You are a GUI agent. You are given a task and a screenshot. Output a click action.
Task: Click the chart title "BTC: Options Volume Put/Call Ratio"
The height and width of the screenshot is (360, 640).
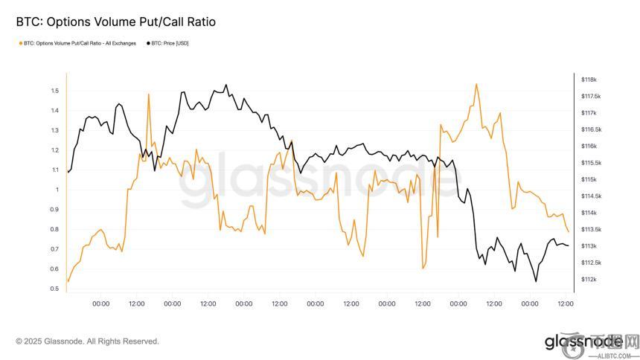pyautogui.click(x=115, y=22)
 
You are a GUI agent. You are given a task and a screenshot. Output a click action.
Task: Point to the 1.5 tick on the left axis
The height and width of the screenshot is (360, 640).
pyautogui.click(x=54, y=91)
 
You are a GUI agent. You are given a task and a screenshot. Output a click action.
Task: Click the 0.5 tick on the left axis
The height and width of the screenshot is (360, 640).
pyautogui.click(x=54, y=289)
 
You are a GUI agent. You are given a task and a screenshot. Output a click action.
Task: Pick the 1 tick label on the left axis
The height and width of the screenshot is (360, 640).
pyautogui.click(x=56, y=190)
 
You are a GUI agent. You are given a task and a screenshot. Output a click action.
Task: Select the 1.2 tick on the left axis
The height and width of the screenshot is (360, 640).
pyautogui.click(x=54, y=150)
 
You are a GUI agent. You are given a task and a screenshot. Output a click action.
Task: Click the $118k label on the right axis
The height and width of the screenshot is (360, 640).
pyautogui.click(x=589, y=80)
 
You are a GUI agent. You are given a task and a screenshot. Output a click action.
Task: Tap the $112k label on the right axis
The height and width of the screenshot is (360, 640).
pyautogui.click(x=589, y=280)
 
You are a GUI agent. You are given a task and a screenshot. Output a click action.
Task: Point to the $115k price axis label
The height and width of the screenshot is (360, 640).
pyautogui.click(x=589, y=179)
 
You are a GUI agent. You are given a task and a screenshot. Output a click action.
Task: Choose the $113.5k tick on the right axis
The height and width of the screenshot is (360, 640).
pyautogui.click(x=591, y=230)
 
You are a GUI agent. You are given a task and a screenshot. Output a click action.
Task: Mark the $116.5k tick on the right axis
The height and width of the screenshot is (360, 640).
pyautogui.click(x=591, y=129)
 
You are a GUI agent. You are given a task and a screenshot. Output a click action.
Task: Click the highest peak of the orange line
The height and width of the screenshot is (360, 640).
pyautogui.click(x=476, y=84)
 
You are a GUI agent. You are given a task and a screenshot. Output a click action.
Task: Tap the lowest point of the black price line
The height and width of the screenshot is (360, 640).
pyautogui.click(x=535, y=282)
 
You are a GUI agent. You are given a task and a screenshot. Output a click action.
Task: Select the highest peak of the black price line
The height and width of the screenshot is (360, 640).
pyautogui.click(x=226, y=85)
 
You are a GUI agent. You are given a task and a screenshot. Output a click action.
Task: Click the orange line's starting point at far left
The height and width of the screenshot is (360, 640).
pyautogui.click(x=68, y=282)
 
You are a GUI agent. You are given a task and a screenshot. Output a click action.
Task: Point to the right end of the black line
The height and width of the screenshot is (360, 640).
pyautogui.click(x=569, y=245)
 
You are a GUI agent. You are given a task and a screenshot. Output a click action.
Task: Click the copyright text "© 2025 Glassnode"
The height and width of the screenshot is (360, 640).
pyautogui.click(x=87, y=341)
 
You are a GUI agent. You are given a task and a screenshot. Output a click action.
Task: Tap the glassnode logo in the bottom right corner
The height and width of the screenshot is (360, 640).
pyautogui.click(x=583, y=341)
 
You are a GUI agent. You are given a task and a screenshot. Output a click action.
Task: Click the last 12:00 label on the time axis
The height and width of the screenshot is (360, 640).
pyautogui.click(x=566, y=303)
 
